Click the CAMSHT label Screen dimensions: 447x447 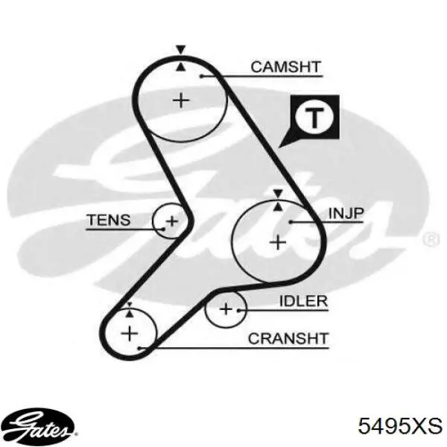[x=285, y=67]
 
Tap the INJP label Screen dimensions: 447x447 [x=346, y=213]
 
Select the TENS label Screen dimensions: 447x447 [x=109, y=220]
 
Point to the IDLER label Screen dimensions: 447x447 [x=303, y=301]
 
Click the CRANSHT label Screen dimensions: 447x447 [x=288, y=339]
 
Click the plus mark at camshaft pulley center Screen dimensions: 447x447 [x=181, y=101]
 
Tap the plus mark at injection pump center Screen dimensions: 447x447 [x=278, y=243]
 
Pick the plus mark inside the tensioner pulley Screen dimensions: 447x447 [x=172, y=221]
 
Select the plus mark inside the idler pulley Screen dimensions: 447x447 [x=226, y=309]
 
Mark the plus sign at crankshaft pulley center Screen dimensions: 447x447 [x=130, y=333]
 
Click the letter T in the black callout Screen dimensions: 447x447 [x=314, y=118]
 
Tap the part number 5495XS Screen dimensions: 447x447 [x=400, y=426]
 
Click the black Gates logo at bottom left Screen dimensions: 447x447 [x=38, y=426]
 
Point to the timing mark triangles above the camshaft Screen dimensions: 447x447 [x=180, y=58]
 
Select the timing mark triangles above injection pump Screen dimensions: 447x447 [x=278, y=200]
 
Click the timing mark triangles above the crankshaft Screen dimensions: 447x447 [x=130, y=310]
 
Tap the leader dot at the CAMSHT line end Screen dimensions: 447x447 [x=201, y=76]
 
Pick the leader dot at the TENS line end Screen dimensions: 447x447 [x=164, y=229]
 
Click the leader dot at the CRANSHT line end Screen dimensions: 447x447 [x=139, y=348]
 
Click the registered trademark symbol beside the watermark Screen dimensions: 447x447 [x=431, y=239]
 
